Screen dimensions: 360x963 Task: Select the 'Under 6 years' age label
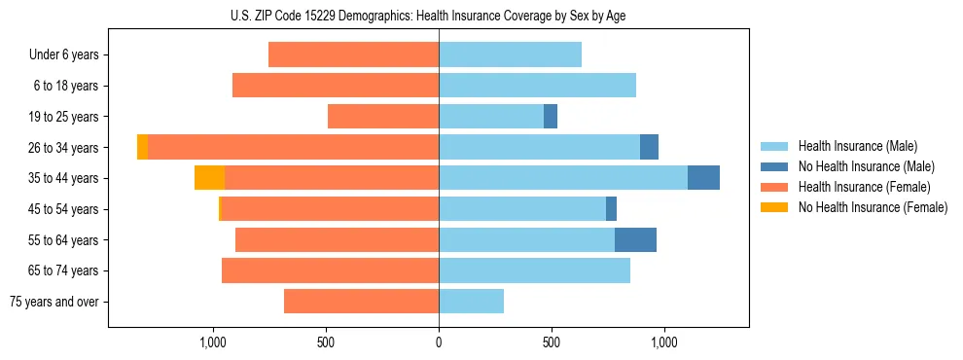click(x=64, y=54)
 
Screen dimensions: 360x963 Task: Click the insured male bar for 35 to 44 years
click(x=563, y=178)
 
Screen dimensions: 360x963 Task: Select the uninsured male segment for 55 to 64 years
click(x=635, y=239)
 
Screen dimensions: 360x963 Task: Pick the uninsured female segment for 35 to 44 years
click(x=209, y=178)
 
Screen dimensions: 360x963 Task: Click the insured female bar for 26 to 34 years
click(x=293, y=147)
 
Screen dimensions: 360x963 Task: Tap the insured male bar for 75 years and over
click(x=471, y=302)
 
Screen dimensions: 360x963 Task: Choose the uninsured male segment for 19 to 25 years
click(x=551, y=117)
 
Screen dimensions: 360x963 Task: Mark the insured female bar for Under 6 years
click(x=353, y=54)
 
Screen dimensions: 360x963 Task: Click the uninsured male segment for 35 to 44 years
click(x=703, y=178)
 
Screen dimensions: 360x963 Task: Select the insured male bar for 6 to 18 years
click(x=537, y=86)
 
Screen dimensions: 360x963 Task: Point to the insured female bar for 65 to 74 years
click(x=330, y=270)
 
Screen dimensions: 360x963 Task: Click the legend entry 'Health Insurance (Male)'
click(x=857, y=146)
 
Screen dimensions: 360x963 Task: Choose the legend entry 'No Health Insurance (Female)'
click(x=873, y=207)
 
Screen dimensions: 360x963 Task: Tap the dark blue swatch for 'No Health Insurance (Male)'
click(x=774, y=166)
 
